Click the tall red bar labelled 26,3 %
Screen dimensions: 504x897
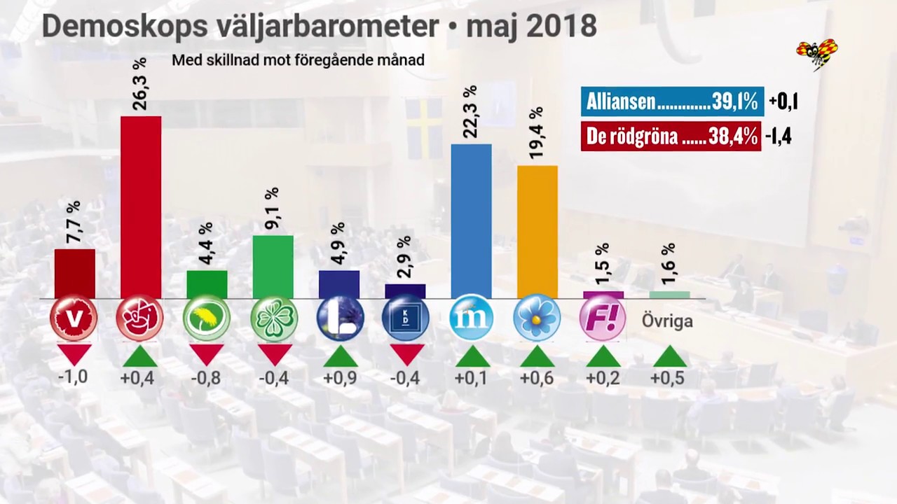coord(141,207)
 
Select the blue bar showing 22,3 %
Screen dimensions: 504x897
coord(471,221)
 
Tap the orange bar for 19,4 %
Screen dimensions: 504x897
coord(537,232)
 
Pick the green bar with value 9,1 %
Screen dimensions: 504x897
coord(273,267)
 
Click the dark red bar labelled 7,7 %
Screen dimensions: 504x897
coord(75,274)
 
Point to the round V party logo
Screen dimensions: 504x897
coord(74,318)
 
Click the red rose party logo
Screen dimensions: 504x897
coord(140,318)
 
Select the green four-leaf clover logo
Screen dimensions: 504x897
coord(273,318)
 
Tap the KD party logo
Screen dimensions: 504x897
coord(405,318)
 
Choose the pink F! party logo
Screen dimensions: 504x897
coord(603,318)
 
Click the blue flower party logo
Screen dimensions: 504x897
coord(537,318)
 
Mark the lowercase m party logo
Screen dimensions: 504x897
coord(471,318)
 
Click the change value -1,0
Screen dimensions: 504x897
coord(73,377)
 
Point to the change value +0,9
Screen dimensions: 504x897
coord(339,377)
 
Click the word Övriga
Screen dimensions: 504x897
coord(667,321)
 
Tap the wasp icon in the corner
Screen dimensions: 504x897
coord(817,53)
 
